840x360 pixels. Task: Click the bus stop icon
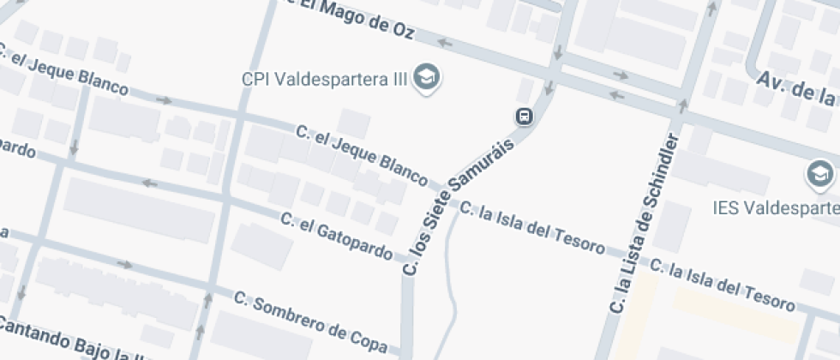click(x=523, y=115)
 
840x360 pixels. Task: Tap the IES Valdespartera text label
click(x=777, y=208)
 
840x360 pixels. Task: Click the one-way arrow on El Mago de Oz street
click(x=444, y=41)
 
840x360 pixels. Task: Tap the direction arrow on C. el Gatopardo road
click(x=150, y=183)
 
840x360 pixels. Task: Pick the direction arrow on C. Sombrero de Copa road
click(x=125, y=265)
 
